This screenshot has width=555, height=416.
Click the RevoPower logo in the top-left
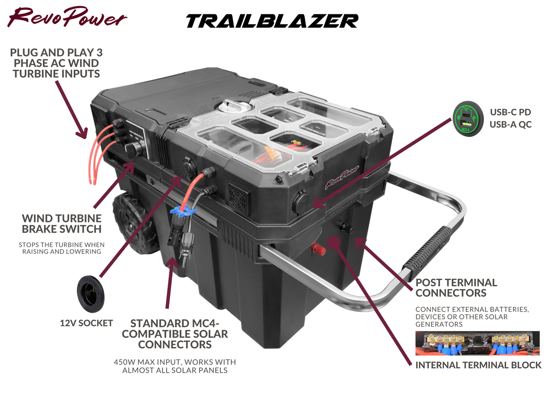(x=67, y=17)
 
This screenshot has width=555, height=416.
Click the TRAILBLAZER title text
(x=272, y=21)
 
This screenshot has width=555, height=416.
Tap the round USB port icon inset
(x=468, y=118)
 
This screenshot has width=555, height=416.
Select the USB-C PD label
(x=510, y=112)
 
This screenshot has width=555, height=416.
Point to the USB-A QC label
(x=510, y=125)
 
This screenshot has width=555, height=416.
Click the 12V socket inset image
(x=91, y=293)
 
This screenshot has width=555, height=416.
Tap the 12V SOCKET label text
(x=86, y=323)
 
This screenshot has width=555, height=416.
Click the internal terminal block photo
(x=477, y=343)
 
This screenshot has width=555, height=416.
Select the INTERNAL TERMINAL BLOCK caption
(x=478, y=365)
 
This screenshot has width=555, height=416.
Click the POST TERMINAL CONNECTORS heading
(x=456, y=288)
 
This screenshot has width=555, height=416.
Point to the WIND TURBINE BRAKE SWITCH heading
(x=62, y=224)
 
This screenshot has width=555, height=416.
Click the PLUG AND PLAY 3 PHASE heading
(x=56, y=63)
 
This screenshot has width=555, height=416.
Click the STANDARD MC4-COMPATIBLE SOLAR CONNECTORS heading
(x=175, y=334)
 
